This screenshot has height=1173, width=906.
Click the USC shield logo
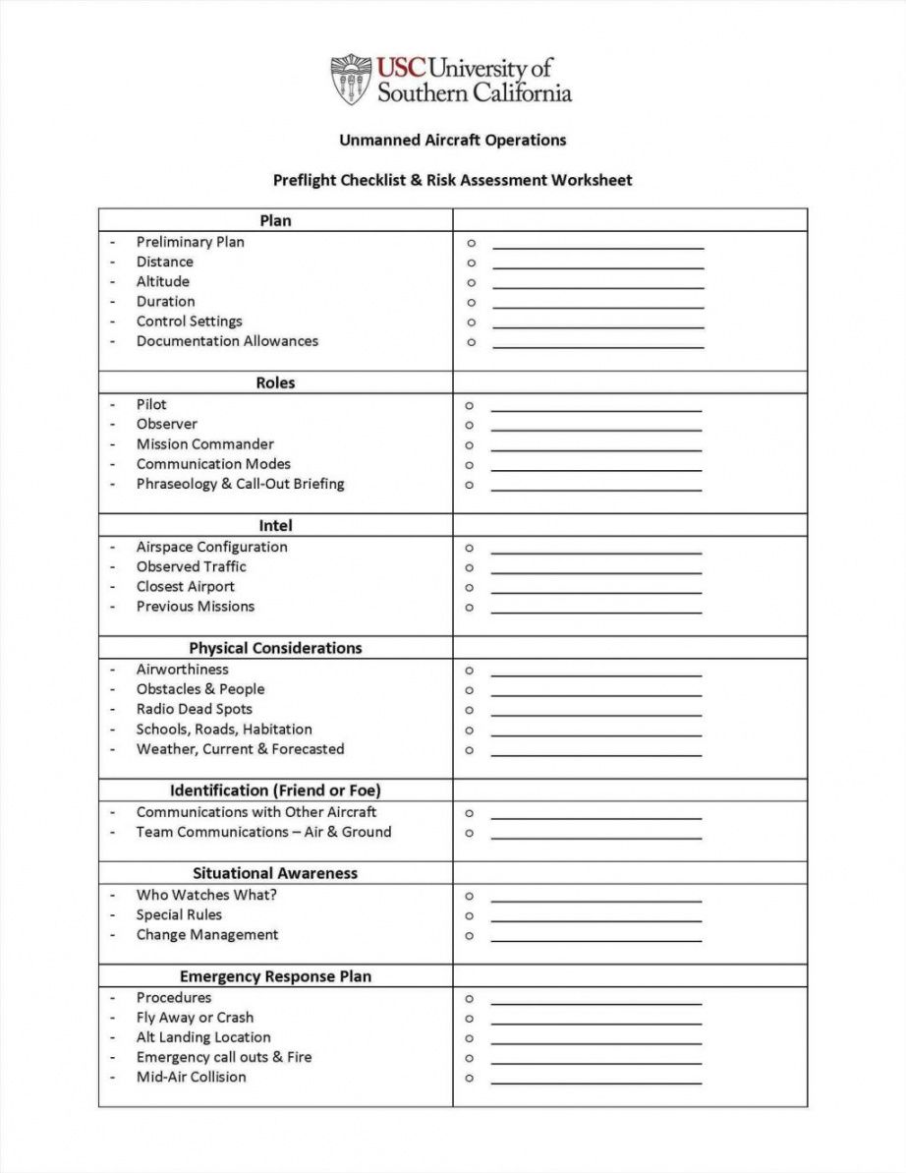pyautogui.click(x=351, y=80)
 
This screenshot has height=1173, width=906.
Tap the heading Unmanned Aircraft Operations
pyautogui.click(x=452, y=140)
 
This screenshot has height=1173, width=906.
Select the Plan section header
pyautogui.click(x=275, y=220)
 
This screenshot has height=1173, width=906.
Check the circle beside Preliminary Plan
pyautogui.click(x=471, y=243)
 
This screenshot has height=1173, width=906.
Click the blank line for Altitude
pyautogui.click(x=597, y=286)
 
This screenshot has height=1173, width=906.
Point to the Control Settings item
pyautogui.click(x=189, y=322)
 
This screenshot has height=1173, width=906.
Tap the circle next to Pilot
pyautogui.click(x=470, y=405)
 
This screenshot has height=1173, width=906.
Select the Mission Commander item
pyautogui.click(x=204, y=444)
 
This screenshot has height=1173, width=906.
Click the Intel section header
pyautogui.click(x=275, y=526)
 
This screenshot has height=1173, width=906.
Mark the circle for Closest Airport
pyautogui.click(x=470, y=588)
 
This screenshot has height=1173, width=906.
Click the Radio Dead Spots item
pyautogui.click(x=194, y=709)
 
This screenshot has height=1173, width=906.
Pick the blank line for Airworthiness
pyautogui.click(x=595, y=674)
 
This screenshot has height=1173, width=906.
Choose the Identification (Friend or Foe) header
pyautogui.click(x=275, y=791)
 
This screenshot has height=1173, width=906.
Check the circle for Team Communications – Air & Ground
pyautogui.click(x=470, y=833)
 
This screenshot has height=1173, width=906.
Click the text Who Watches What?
pyautogui.click(x=206, y=895)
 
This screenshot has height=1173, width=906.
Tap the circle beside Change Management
pyautogui.click(x=470, y=936)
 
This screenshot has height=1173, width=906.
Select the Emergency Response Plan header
pyautogui.click(x=275, y=976)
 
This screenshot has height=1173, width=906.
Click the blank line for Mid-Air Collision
pyautogui.click(x=595, y=1083)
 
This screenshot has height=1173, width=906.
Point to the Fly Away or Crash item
pyautogui.click(x=195, y=1018)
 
